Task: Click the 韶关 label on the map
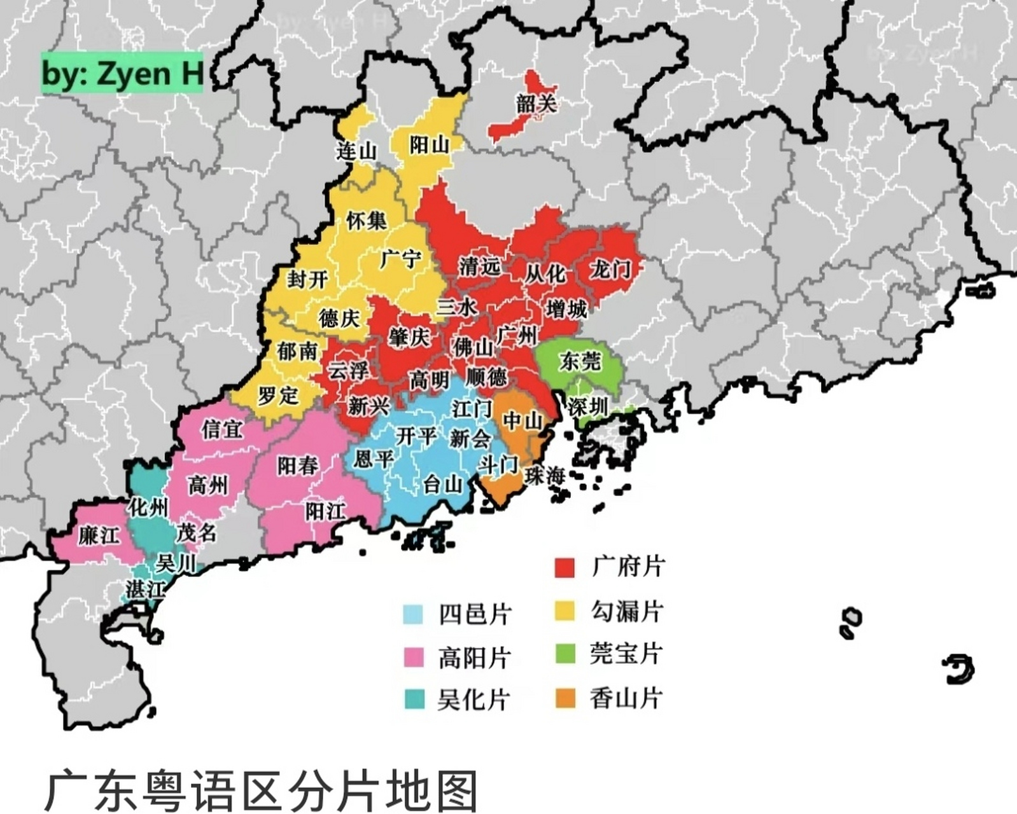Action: point(536,103)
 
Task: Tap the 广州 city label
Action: point(517,335)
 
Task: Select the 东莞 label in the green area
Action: point(580,361)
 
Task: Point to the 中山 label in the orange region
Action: point(523,420)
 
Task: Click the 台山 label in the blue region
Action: point(443,485)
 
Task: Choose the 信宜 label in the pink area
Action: point(222,429)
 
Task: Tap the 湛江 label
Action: point(145,589)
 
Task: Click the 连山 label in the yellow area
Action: point(357,151)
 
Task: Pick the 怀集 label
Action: point(367,221)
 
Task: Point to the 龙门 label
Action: point(610,269)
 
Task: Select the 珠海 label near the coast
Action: point(545,474)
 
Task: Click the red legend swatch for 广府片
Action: point(565,567)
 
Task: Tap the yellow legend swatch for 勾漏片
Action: point(565,611)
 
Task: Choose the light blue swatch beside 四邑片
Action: point(413,614)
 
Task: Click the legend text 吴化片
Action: point(473,700)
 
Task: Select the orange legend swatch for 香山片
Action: point(565,698)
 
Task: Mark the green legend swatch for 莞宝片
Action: point(565,654)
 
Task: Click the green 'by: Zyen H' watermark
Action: point(122,74)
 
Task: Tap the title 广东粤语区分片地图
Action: point(261,791)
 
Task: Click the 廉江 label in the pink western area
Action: point(99,535)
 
